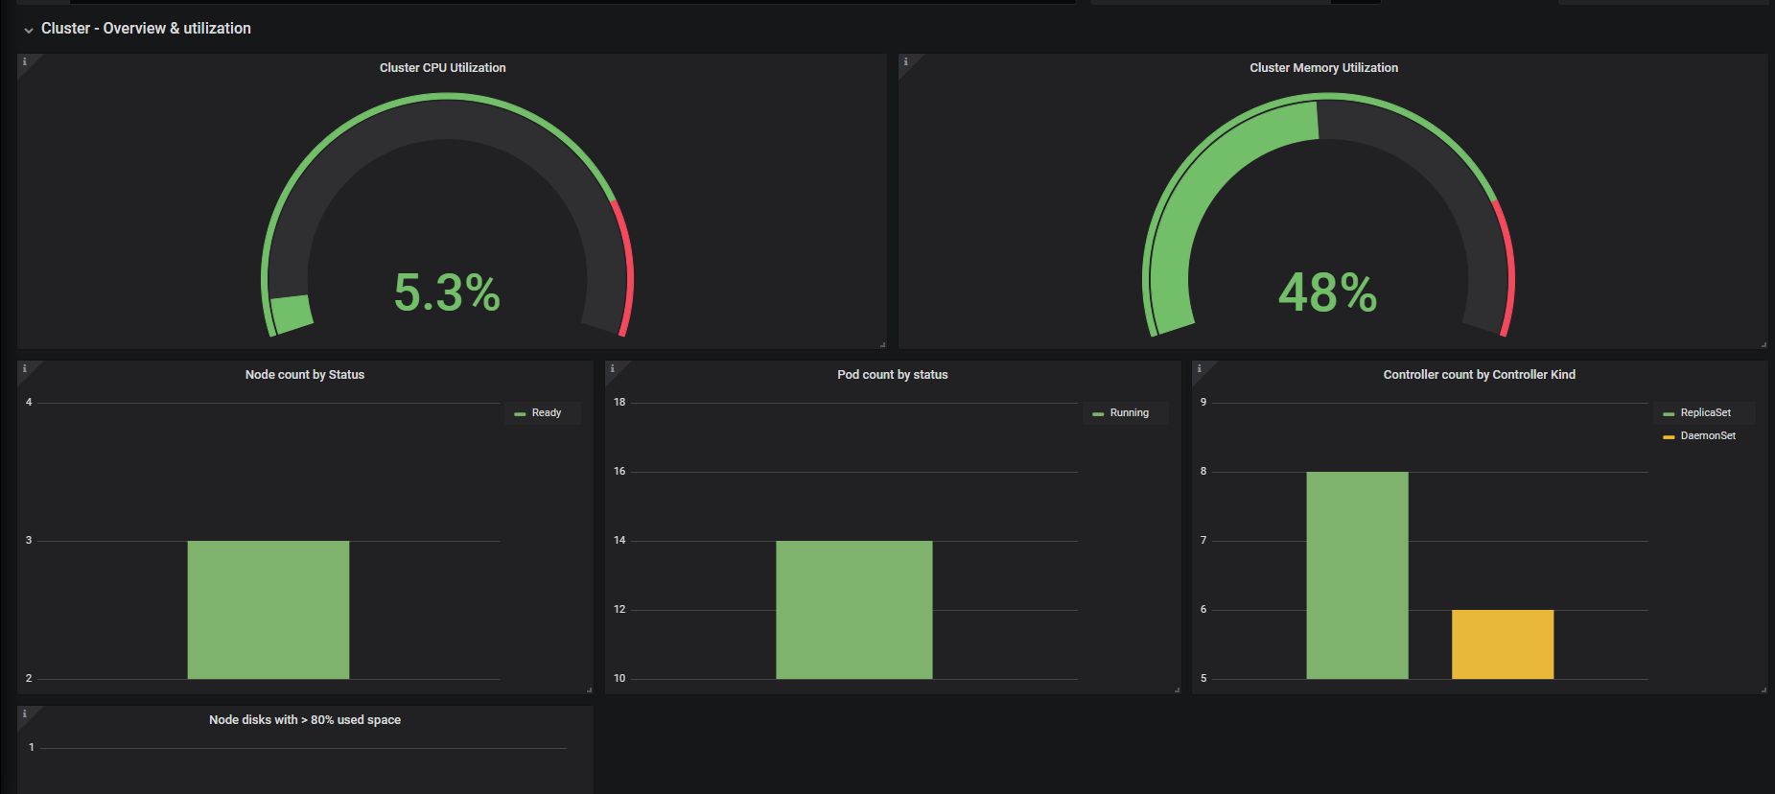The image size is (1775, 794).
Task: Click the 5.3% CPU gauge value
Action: coord(447,292)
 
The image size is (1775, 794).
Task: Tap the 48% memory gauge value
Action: coord(1328,292)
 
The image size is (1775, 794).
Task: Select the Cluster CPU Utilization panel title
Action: coord(443,68)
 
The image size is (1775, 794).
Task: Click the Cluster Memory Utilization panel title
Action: coord(1323,68)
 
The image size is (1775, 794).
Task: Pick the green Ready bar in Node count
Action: coord(269,610)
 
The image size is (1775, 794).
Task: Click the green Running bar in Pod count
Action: coord(853,610)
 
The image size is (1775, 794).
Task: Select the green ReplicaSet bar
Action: coord(1357,575)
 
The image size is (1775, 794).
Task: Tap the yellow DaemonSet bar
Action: coord(1503,644)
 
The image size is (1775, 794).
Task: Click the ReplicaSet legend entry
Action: coord(1697,413)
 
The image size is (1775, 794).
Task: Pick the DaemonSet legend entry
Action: coord(1699,436)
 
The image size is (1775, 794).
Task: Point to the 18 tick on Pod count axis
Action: coord(619,402)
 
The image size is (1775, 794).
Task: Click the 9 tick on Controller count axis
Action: coord(1203,402)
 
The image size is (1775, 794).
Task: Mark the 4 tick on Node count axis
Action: coord(29,402)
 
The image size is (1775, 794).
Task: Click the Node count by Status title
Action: coord(305,375)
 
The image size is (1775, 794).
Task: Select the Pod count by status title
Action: coord(893,375)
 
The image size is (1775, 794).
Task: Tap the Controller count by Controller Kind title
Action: coord(1480,375)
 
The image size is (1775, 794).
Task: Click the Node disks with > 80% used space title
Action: coord(305,720)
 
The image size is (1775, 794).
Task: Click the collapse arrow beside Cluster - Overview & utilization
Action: coord(29,31)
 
